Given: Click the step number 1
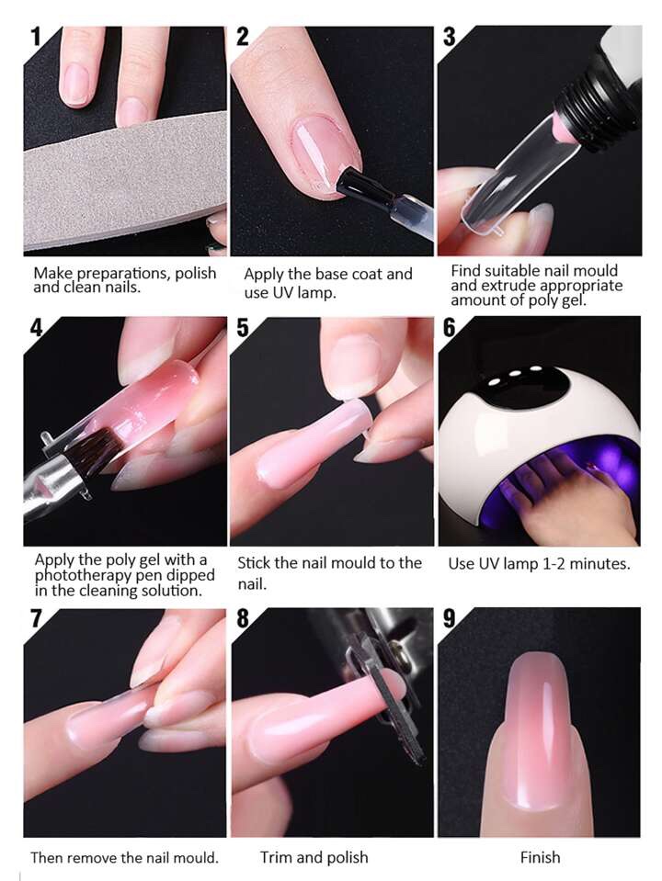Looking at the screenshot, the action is pyautogui.click(x=36, y=37).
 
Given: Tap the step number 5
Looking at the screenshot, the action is pyautogui.click(x=243, y=327).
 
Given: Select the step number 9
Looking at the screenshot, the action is pyautogui.click(x=449, y=618).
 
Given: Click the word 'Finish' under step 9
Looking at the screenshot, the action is pyautogui.click(x=540, y=857).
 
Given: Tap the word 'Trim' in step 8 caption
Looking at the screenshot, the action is pyautogui.click(x=276, y=857).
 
